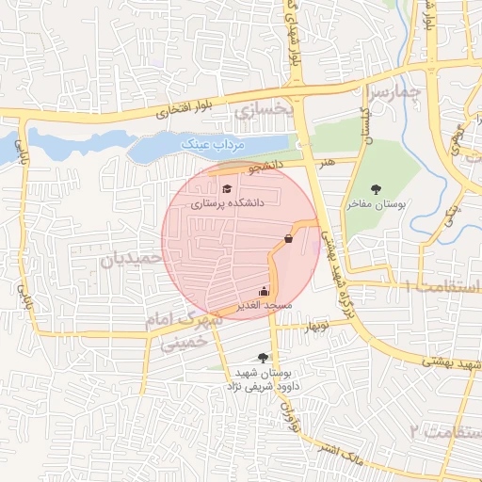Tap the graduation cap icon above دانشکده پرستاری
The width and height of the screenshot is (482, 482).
coord(226,188)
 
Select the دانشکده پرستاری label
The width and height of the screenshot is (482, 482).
coord(229,202)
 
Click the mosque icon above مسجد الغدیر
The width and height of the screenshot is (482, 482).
coord(264,291)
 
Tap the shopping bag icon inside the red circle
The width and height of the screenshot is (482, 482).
coord(288,238)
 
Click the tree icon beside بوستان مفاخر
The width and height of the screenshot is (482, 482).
coord(377,189)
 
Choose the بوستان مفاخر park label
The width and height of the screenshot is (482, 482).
coord(377,203)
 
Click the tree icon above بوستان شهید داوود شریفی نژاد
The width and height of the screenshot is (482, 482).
coord(262,357)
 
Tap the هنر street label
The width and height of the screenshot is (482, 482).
coord(328,162)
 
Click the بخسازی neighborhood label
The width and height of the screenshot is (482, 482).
coord(265,113)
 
